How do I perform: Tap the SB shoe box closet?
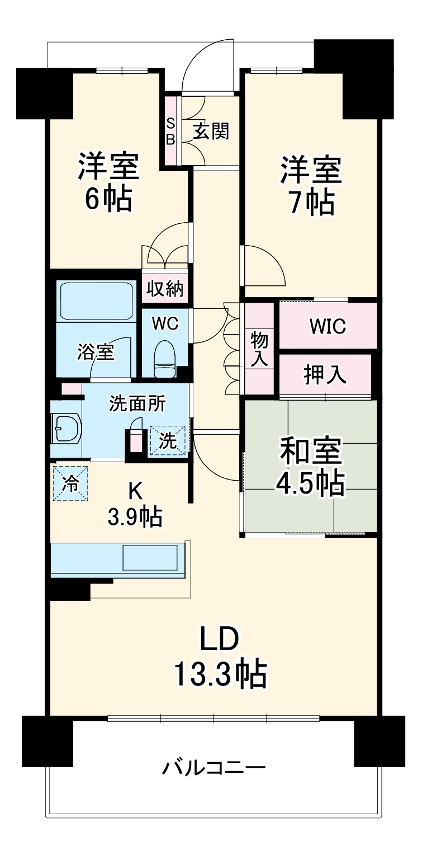click(170, 131)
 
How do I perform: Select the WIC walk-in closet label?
click(328, 326)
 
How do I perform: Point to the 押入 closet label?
click(325, 375)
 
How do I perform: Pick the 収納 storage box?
click(165, 289)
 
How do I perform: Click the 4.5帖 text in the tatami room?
click(309, 482)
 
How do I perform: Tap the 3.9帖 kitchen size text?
click(135, 516)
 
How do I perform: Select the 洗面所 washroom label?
click(137, 405)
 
